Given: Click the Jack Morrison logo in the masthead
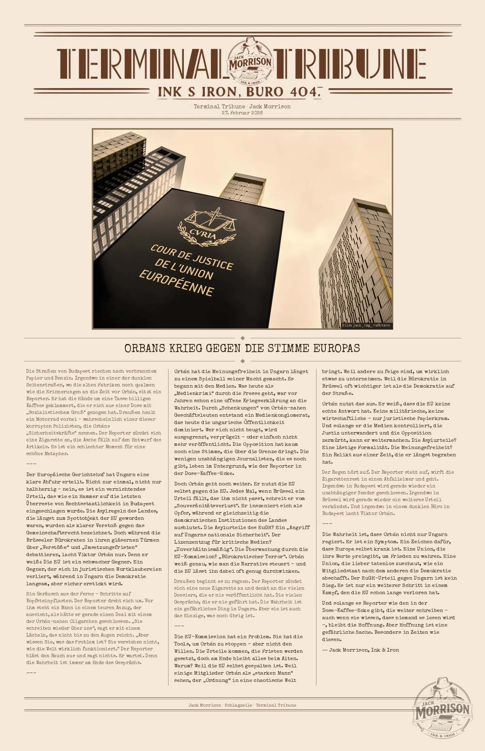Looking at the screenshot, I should pos(251,61).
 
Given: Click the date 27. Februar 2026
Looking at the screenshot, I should pos(242,113).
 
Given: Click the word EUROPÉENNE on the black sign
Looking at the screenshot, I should pos(176,283).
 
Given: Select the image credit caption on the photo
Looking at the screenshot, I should pos(366,325).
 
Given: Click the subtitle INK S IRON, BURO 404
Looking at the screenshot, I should pos(239,92).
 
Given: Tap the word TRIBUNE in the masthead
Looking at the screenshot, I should pos(350,64).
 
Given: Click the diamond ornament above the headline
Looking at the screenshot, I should pos(242,338).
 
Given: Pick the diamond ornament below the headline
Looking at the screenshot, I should pos(242,361).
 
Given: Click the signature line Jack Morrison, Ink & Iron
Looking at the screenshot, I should pos(361,650).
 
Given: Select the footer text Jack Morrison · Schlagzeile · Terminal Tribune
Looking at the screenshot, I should pos(242,705).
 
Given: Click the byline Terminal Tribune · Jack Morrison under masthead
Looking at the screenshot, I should pos(242,106).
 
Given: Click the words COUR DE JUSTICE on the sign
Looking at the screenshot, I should pos(192,257).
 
